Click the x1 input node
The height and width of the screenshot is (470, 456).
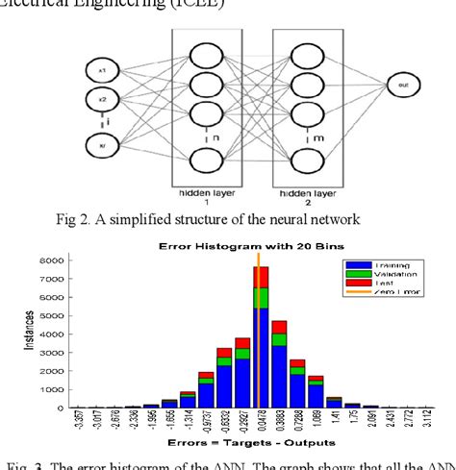tap(102, 71)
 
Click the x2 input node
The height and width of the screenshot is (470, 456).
tap(102, 97)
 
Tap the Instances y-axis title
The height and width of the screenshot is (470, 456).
tap(28, 334)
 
